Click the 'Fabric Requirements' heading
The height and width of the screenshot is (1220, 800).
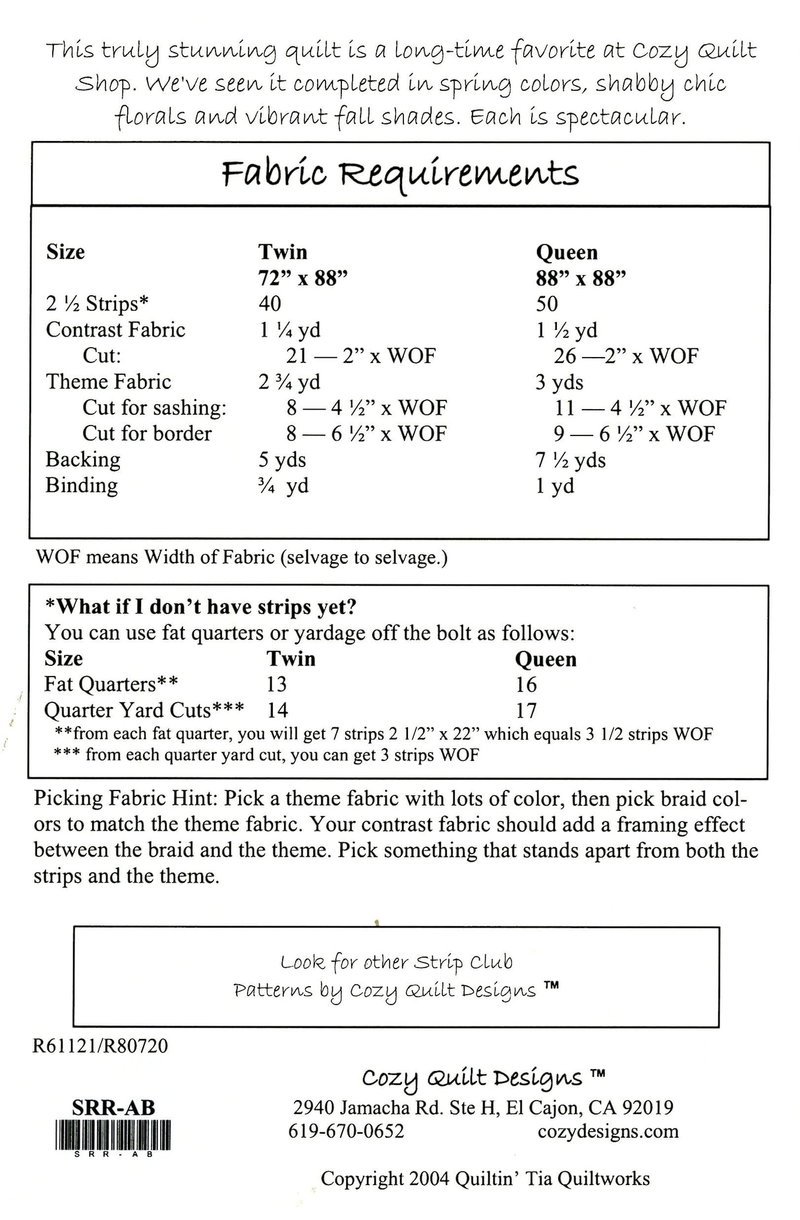(400, 174)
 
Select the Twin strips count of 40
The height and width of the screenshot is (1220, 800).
(270, 304)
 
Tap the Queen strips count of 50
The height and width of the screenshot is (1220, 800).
(547, 304)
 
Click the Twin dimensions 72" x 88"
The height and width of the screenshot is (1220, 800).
(303, 278)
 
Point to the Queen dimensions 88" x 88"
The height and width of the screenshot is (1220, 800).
(581, 278)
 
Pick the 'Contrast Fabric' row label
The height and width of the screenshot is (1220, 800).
(115, 329)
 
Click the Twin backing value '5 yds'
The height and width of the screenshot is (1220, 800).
(282, 459)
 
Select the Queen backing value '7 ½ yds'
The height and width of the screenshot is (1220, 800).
(570, 460)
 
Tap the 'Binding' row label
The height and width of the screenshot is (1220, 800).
(82, 485)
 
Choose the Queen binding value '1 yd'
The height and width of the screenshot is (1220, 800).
(555, 486)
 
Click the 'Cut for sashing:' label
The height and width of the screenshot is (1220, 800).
(154, 408)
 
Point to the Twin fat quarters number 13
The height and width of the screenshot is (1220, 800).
(277, 684)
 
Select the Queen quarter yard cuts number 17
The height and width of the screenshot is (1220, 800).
(527, 711)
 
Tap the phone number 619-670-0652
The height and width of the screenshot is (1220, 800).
(346, 1131)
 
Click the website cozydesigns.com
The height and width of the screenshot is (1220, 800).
(608, 1131)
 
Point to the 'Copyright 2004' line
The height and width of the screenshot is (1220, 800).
(485, 1178)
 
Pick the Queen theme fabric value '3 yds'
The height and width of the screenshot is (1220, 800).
(559, 382)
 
